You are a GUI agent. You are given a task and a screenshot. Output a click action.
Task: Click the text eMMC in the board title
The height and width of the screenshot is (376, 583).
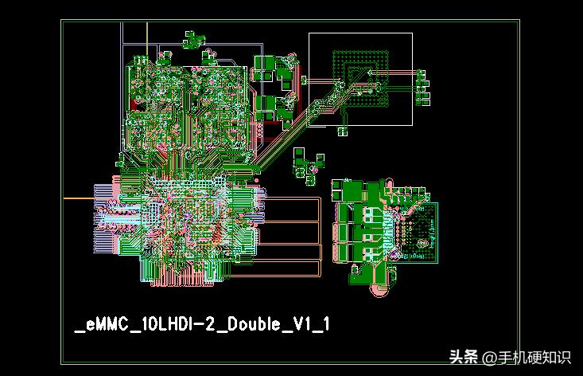point(101,324)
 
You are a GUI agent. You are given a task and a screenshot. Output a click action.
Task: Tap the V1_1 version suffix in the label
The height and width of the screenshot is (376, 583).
point(311,324)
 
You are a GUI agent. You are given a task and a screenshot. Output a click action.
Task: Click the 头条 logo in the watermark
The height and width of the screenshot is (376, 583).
point(464,357)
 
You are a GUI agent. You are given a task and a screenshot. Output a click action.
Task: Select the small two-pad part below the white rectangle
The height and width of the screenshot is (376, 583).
point(344,131)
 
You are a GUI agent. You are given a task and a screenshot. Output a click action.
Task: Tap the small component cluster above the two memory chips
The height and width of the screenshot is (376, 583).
point(192,39)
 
